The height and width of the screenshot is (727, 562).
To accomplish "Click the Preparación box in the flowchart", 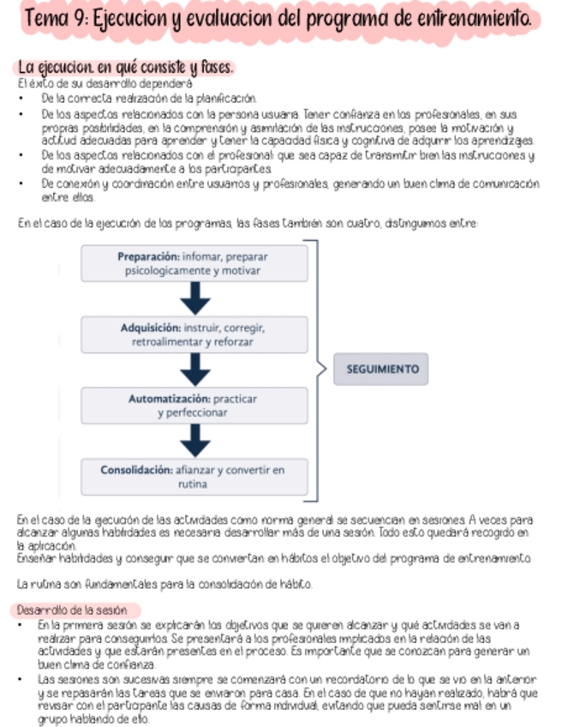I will (197, 263).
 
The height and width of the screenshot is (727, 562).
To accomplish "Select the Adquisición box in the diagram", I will (197, 335).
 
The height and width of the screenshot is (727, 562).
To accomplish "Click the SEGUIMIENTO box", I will (380, 370).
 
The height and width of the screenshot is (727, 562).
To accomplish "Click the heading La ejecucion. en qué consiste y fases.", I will (124, 66).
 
